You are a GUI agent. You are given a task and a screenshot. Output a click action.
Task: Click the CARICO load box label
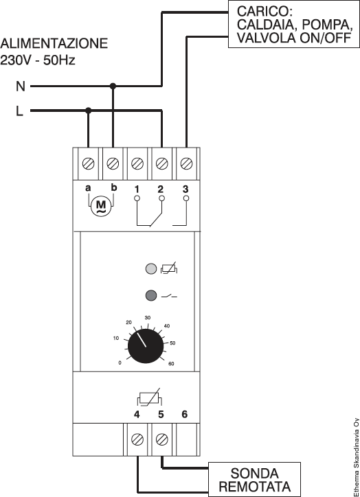tap(294, 25)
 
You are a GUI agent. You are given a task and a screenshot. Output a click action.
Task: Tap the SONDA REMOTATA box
tap(254, 479)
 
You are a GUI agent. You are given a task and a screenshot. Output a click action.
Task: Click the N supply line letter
tap(21, 86)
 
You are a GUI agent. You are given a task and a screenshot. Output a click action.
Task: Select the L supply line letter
tap(20, 111)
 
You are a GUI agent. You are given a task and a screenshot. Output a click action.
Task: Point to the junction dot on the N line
tap(113, 86)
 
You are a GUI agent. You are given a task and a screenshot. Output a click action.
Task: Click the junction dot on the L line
tap(89, 111)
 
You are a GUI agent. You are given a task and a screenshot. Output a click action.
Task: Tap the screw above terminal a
tap(88, 164)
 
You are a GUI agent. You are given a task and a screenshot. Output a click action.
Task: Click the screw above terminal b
tap(113, 164)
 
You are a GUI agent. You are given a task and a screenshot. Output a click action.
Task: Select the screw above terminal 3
tap(186, 164)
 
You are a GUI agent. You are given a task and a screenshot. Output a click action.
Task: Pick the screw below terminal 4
tap(137, 439)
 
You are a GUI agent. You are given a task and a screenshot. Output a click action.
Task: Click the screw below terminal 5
tap(161, 439)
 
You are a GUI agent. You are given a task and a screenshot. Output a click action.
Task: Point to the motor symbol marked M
tap(100, 206)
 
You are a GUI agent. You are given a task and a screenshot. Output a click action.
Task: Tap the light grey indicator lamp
tap(151, 269)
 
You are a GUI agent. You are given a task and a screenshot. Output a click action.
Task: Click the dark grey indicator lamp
tap(151, 295)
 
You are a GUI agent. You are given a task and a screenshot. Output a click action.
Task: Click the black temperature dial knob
tap(146, 346)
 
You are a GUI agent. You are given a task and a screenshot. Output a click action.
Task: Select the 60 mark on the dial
tap(171, 364)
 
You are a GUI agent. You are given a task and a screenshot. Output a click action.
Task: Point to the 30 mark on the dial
tap(148, 318)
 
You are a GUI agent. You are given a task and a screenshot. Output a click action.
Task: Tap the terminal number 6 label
tap(185, 414)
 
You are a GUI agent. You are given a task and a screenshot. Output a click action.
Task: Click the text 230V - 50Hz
tap(38, 60)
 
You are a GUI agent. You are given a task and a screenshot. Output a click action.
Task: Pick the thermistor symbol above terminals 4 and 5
tap(149, 397)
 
